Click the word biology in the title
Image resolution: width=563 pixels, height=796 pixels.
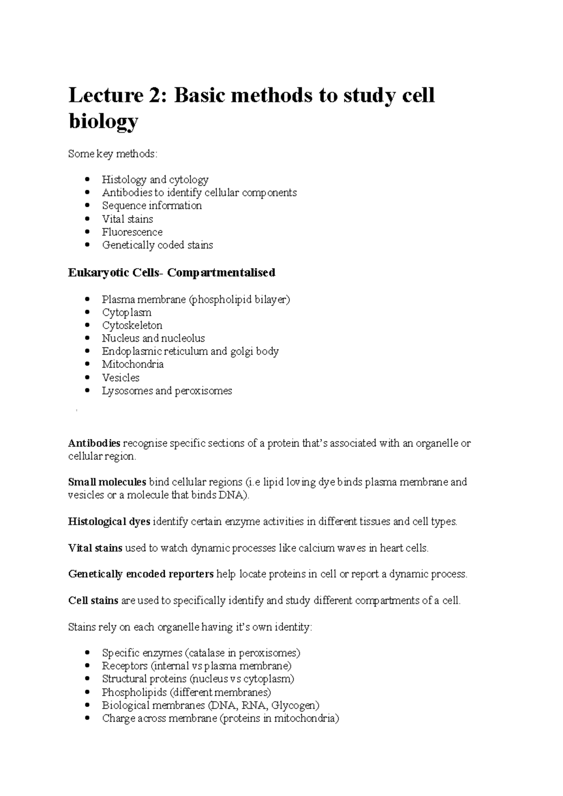(x=103, y=121)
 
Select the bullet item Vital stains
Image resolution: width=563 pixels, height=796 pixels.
(x=127, y=219)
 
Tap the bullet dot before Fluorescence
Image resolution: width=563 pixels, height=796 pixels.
(x=87, y=232)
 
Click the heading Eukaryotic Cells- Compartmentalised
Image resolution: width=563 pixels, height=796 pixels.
(x=171, y=273)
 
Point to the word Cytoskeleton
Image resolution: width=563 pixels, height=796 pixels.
(x=132, y=325)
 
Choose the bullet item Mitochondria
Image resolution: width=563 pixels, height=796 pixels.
(x=132, y=364)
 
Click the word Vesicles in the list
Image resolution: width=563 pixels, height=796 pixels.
(x=121, y=377)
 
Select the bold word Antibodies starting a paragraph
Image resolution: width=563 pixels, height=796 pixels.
(x=94, y=443)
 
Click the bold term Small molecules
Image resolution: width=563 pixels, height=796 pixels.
(x=107, y=482)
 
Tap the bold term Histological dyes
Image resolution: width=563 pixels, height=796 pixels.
(x=109, y=521)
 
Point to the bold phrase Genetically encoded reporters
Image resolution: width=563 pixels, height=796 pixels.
(x=141, y=574)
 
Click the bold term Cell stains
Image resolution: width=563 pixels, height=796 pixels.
(x=93, y=601)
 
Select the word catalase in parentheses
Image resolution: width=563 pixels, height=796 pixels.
(x=206, y=653)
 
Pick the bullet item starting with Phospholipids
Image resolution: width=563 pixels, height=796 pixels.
(x=186, y=692)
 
